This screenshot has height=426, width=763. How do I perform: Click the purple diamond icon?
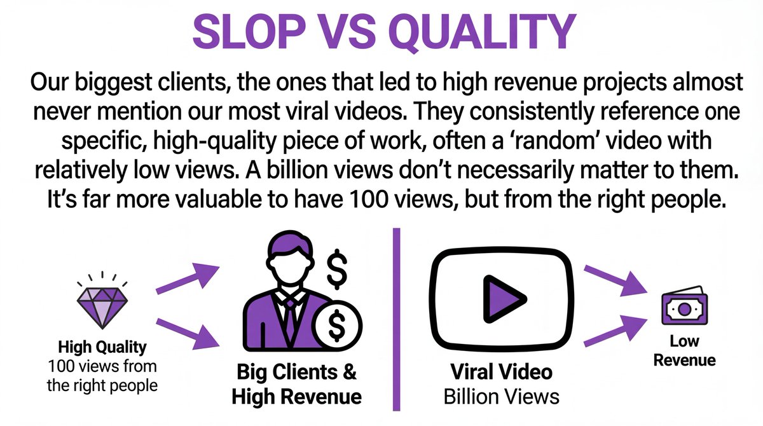coord(102,308)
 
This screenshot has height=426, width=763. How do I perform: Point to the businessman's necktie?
coord(290,317)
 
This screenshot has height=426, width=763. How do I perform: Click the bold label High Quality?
coord(102,347)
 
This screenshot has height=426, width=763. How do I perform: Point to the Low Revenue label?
coord(684,350)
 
